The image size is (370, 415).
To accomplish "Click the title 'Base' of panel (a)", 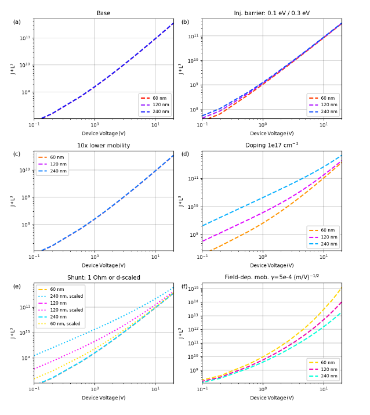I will tap(103, 13).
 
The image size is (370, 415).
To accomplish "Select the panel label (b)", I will tap(185, 22).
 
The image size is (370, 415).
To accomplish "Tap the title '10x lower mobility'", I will tap(103, 145).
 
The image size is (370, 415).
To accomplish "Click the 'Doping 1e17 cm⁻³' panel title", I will tap(271, 145).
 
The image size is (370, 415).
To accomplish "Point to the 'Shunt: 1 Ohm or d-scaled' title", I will tap(103, 277).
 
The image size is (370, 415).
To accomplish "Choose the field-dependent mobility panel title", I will tap(271, 277).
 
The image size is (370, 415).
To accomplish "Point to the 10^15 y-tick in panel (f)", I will tap(194, 288).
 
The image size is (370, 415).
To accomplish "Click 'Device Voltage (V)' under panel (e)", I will tap(103, 398).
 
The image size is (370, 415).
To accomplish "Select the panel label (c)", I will tap(17, 154).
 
